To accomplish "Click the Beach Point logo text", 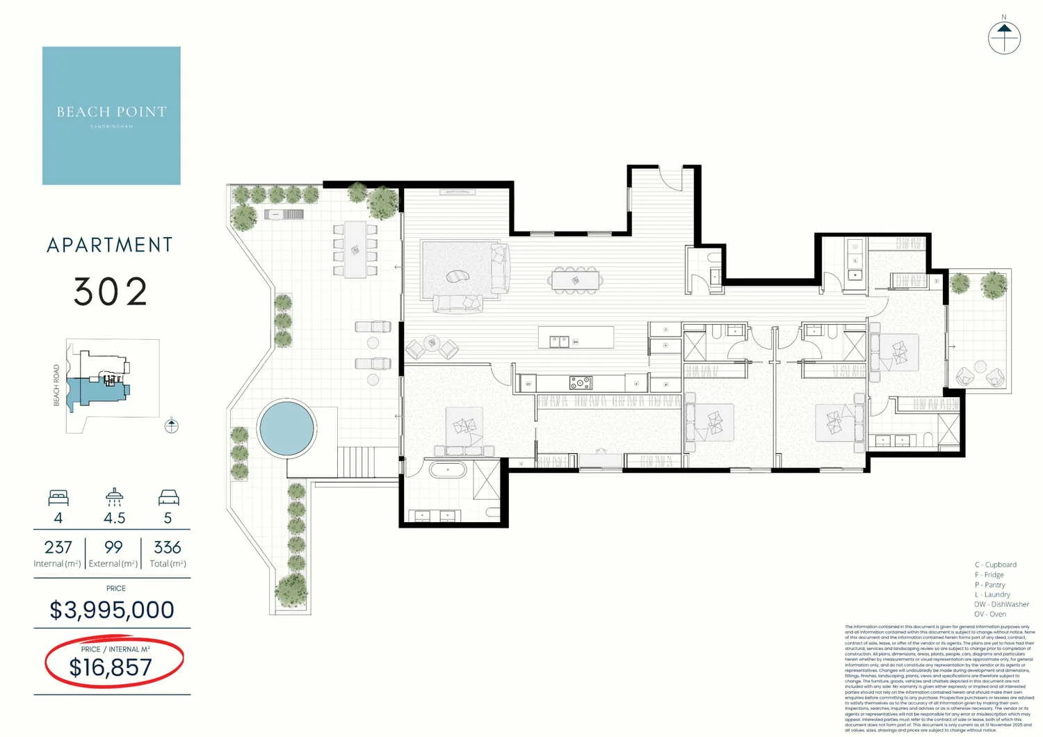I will [111, 112].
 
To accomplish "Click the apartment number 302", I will [111, 292].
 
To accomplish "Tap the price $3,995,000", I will [112, 610].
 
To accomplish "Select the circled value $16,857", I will [111, 667].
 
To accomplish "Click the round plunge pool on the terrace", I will [286, 428].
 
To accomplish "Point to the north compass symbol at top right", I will [1004, 37].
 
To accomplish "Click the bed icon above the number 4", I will [58, 498].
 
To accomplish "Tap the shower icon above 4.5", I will [114, 496].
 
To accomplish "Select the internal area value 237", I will [58, 547].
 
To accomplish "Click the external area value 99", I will [113, 547].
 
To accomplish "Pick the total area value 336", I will [167, 547].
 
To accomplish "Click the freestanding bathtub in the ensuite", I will [448, 470].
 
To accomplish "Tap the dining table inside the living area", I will [575, 280].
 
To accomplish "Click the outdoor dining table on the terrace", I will [355, 249].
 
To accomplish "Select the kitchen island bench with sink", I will [576, 338].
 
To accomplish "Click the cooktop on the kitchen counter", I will [581, 382].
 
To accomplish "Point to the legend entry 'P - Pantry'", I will [989, 585].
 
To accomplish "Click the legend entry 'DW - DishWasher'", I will [1001, 604].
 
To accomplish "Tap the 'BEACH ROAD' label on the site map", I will [57, 385].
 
